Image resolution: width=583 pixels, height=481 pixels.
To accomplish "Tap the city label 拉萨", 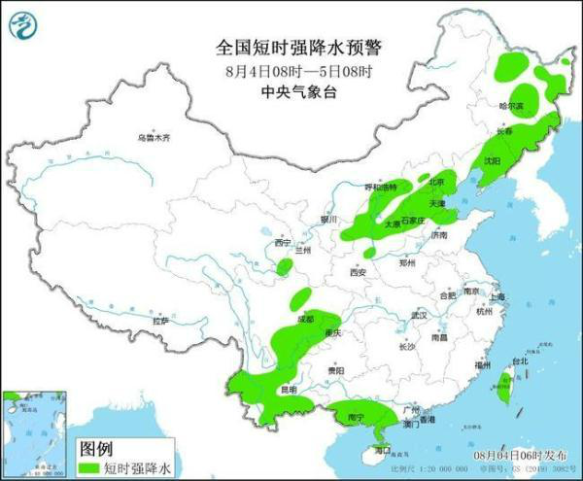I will coord(160,320).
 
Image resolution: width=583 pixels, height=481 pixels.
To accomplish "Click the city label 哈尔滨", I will coord(511,105).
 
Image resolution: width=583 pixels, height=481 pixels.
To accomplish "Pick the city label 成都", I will coord(305,318).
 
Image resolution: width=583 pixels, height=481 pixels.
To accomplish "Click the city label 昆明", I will coord(289,389).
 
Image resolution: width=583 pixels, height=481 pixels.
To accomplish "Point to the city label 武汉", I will coord(419,316).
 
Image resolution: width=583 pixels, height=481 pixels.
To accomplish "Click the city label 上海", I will coord(497,296).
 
